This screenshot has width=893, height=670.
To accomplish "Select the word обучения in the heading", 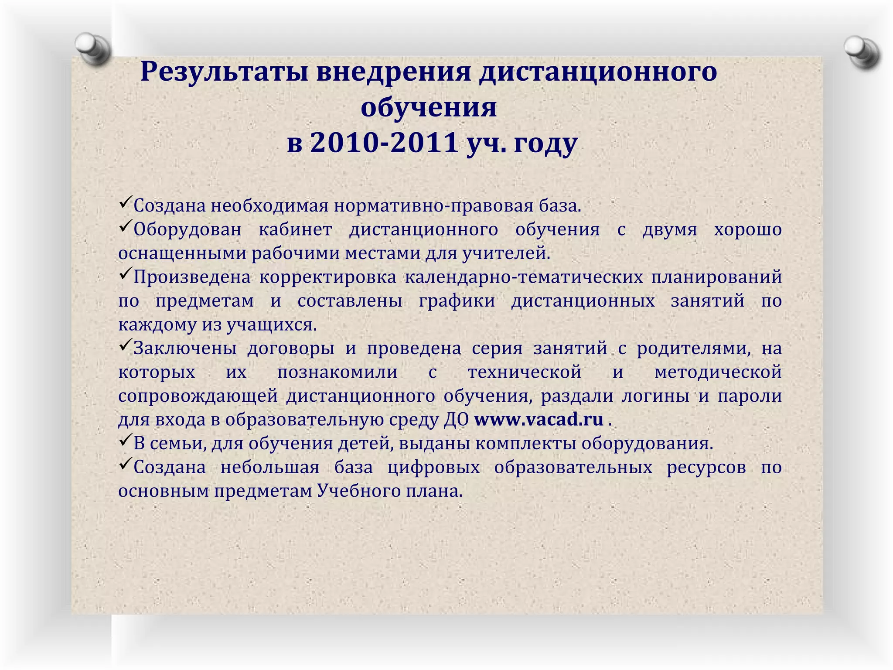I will click(429, 107).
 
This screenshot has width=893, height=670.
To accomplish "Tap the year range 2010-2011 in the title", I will click(384, 143).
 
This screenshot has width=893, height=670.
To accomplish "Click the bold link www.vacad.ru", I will click(539, 420).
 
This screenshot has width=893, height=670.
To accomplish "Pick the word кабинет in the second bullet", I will click(295, 229).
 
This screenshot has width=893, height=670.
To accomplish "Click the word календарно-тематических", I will click(524, 277).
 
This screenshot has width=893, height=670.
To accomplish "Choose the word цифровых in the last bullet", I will click(433, 467).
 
